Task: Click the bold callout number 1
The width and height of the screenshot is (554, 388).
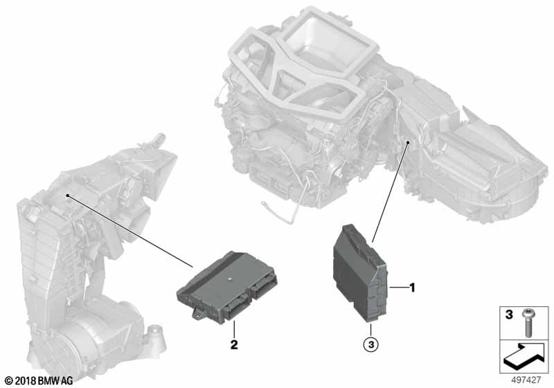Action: (411, 288)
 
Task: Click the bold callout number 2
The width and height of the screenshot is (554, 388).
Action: (234, 344)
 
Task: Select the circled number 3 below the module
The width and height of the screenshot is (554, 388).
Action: (371, 344)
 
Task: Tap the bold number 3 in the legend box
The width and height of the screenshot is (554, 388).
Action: (509, 315)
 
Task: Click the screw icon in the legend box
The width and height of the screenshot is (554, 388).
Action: (527, 322)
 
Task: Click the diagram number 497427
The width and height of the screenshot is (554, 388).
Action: (526, 380)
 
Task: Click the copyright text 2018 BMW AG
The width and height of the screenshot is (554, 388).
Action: (44, 380)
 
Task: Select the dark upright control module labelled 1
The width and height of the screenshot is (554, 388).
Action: (360, 272)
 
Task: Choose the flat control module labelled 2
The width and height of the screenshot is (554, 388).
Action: (227, 286)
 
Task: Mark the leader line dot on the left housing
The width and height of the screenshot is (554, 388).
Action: (67, 195)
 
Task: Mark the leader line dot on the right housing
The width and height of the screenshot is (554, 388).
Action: (408, 143)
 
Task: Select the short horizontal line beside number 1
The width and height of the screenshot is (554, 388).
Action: (398, 288)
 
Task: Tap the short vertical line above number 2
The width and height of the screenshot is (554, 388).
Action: (234, 329)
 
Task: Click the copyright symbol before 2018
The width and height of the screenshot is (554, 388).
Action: (9, 381)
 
